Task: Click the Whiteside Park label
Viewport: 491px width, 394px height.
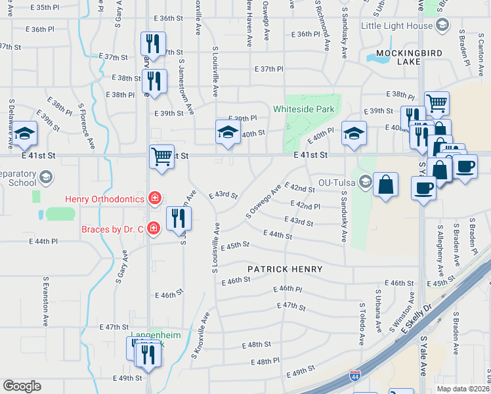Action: [x=304, y=109]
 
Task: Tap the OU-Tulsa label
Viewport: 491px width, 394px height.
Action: [x=336, y=183]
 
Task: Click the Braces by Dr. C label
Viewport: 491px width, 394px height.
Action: [x=112, y=229]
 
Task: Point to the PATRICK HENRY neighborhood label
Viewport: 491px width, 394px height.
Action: [x=285, y=269]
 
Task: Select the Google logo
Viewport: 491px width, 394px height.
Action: [x=22, y=386]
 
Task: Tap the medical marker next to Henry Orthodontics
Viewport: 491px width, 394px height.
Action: [x=154, y=198]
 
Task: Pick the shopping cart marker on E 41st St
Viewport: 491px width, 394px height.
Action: [x=161, y=157]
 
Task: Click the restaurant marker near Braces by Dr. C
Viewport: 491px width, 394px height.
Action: [x=179, y=218]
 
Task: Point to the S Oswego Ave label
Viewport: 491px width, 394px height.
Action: [x=263, y=201]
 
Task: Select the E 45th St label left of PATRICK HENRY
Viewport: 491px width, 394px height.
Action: [x=235, y=246]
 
